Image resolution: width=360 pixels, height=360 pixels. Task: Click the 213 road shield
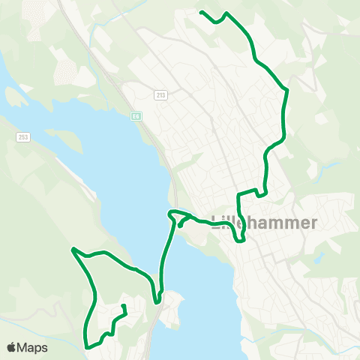pos(161,95)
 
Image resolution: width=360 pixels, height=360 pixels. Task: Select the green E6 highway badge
pos(136,115)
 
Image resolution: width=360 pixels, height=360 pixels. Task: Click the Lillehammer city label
pos(265,223)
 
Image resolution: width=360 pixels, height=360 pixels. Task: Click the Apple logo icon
pos(12,347)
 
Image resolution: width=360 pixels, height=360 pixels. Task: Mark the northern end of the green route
pos(201,12)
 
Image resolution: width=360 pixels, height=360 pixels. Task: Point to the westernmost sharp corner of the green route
pos(73,249)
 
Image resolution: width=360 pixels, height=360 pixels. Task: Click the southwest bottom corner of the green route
pos(88,346)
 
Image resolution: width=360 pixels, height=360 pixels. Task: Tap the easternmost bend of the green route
pos(286,91)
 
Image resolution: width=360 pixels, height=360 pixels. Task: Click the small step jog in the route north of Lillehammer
pos(262,193)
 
